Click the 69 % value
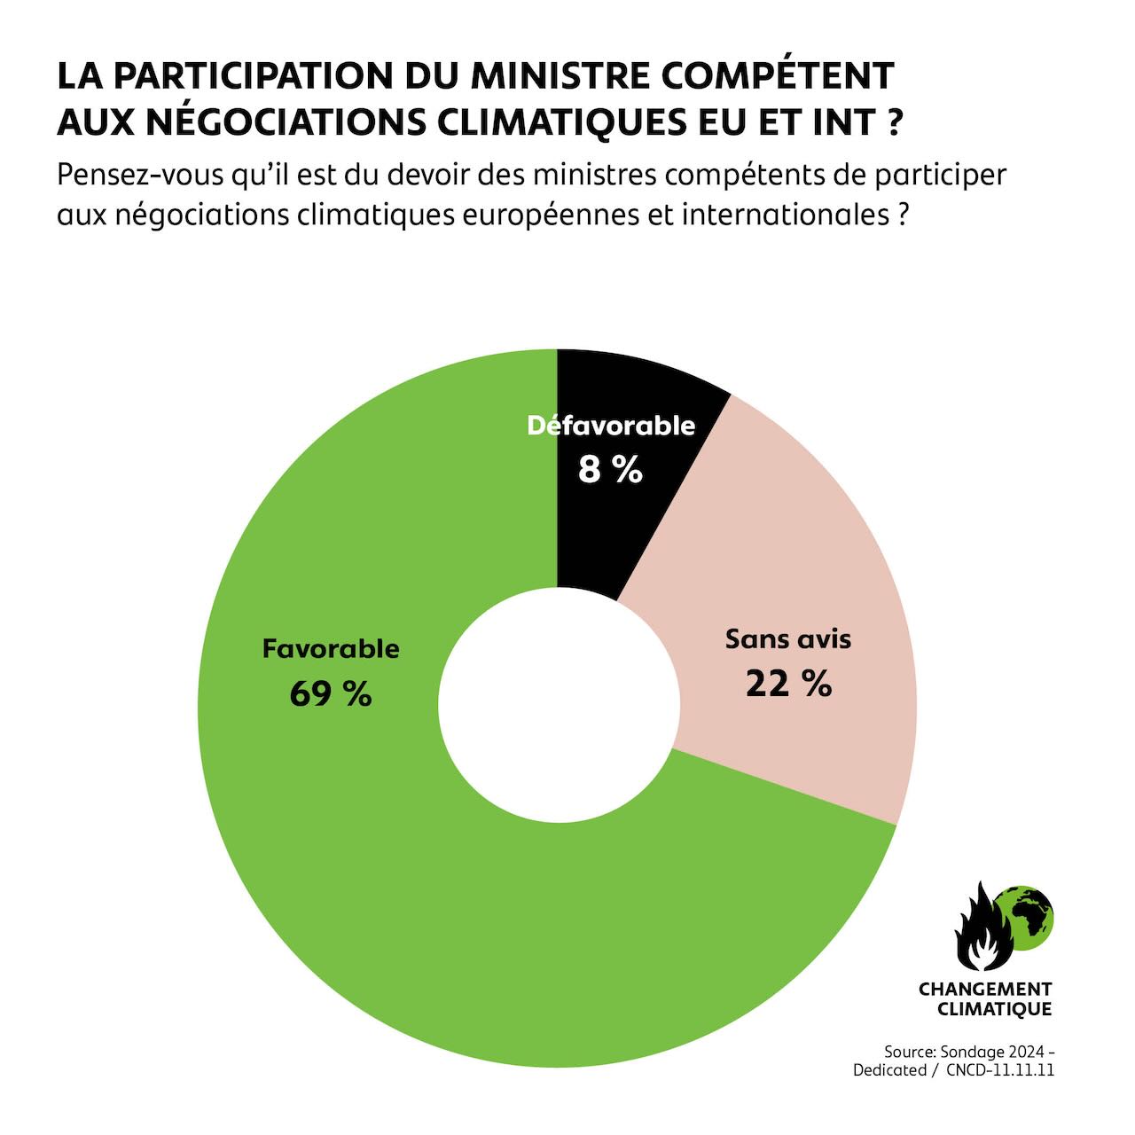330,693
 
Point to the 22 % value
787,684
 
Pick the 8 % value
610,470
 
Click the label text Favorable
330,649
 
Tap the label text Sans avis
787,639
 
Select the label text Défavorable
611,427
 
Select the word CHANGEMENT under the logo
984,989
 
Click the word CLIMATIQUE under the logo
994,1009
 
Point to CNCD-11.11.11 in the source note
999,1070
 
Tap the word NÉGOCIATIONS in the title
286,122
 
